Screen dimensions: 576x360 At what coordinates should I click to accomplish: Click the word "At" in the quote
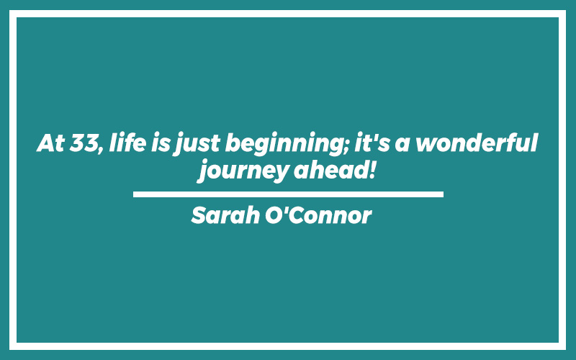(51, 143)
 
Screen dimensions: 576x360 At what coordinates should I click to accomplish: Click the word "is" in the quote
(161, 143)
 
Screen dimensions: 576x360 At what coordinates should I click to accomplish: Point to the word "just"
(197, 145)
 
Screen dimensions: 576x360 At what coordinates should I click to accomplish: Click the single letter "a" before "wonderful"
(402, 145)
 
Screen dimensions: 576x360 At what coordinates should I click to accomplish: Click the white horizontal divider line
(288, 194)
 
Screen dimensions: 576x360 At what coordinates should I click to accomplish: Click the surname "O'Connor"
(318, 215)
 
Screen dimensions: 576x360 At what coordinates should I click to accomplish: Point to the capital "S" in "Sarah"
(199, 215)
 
